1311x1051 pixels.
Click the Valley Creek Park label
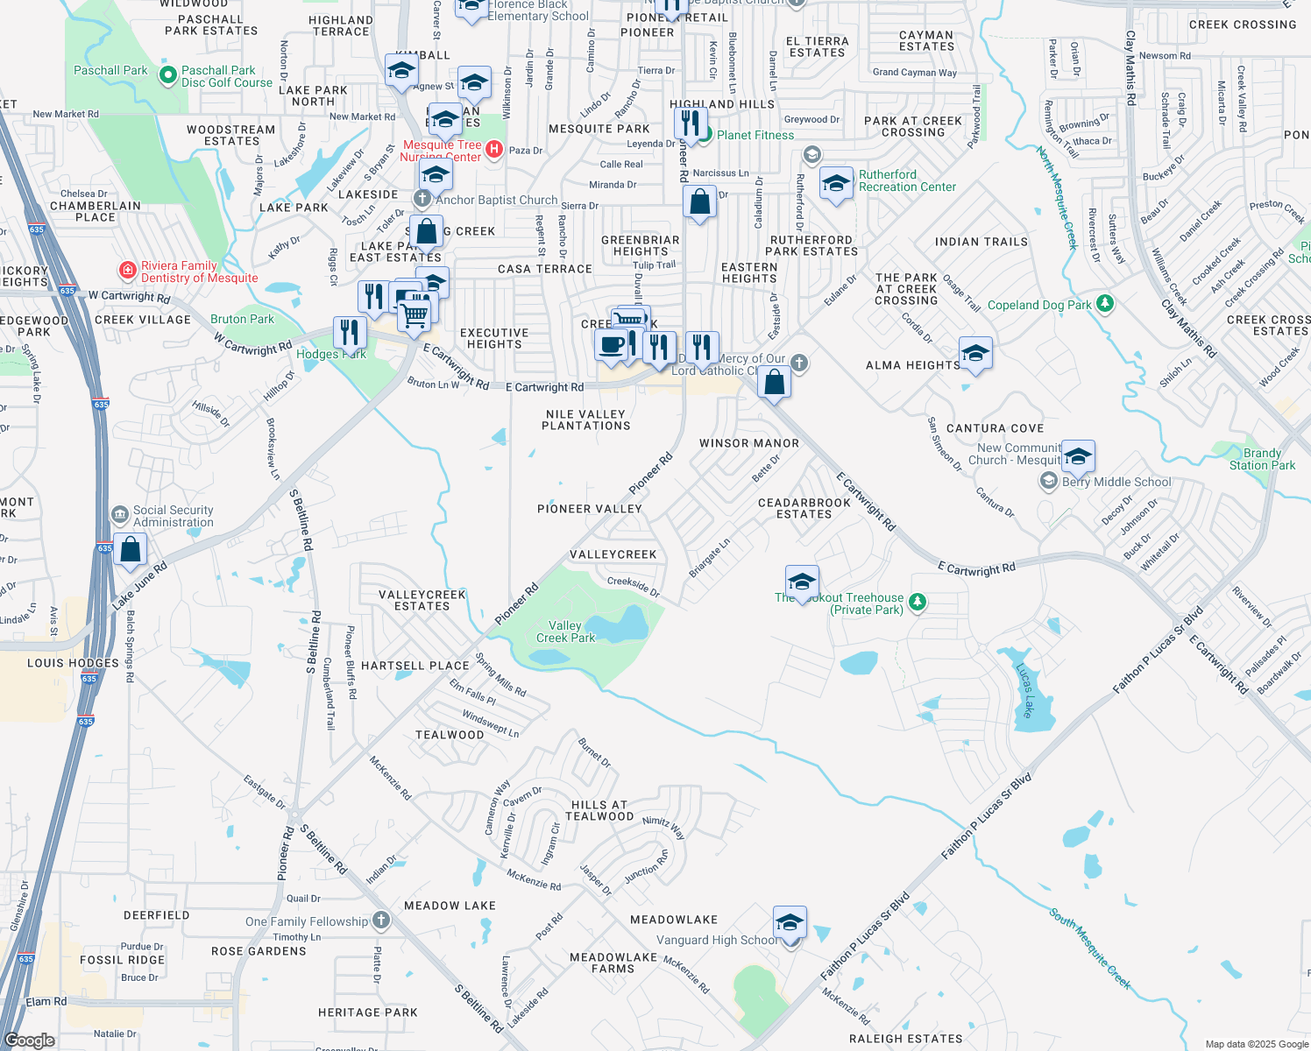[565, 631]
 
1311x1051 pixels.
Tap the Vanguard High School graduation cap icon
[790, 924]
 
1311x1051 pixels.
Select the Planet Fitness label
[755, 135]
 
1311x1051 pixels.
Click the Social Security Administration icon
[120, 515]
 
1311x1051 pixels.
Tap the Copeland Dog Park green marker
[1105, 304]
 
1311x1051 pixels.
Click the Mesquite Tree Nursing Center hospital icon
[494, 149]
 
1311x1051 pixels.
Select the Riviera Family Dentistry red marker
[127, 270]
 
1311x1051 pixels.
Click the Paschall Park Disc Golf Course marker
[167, 75]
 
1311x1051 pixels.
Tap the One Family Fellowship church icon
[380, 921]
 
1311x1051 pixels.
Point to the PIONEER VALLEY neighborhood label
[590, 509]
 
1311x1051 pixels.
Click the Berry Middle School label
[1116, 482]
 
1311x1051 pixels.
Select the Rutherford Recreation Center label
[907, 180]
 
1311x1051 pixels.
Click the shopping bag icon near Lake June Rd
[130, 550]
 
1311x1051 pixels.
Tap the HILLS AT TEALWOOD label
[599, 810]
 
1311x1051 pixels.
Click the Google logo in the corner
[29, 1040]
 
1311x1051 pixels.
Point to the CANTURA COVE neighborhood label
[995, 428]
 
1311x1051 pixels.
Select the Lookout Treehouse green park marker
[918, 602]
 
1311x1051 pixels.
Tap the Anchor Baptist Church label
[496, 200]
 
